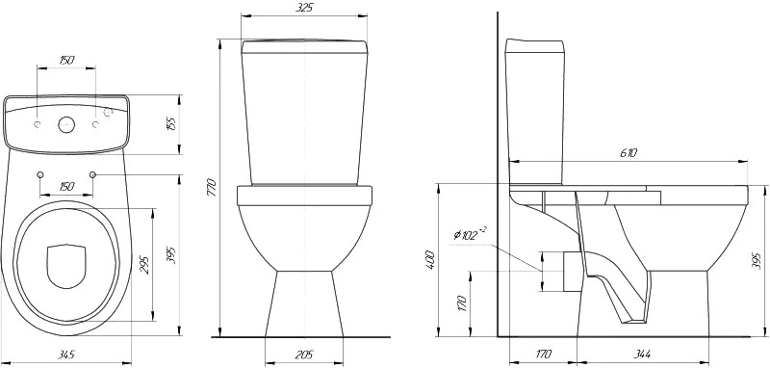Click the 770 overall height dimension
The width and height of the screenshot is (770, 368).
click(211, 187)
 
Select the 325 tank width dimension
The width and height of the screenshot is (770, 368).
click(304, 8)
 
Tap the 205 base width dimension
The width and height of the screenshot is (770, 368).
click(304, 355)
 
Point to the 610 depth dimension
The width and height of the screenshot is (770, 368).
click(629, 153)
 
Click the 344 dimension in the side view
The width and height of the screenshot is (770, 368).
click(642, 354)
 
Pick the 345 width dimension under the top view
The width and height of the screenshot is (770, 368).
click(65, 355)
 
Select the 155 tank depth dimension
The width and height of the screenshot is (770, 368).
click(171, 125)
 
